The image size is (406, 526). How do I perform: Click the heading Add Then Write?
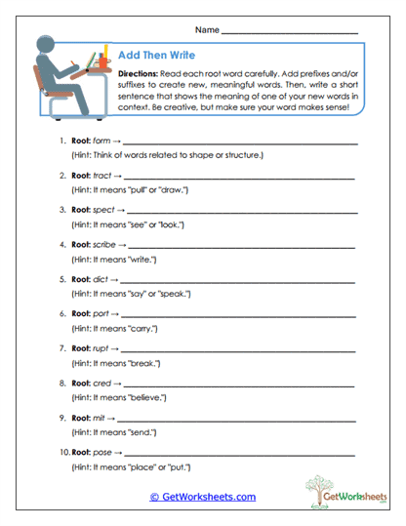[x=151, y=57]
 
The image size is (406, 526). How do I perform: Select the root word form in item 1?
[x=100, y=142]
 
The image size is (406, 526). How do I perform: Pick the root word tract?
[x=101, y=176]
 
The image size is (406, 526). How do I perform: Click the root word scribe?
[x=103, y=244]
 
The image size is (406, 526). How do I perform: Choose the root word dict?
[x=100, y=279]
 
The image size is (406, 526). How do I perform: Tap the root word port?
[x=100, y=313]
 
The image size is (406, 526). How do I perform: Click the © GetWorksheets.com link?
[x=202, y=497]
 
